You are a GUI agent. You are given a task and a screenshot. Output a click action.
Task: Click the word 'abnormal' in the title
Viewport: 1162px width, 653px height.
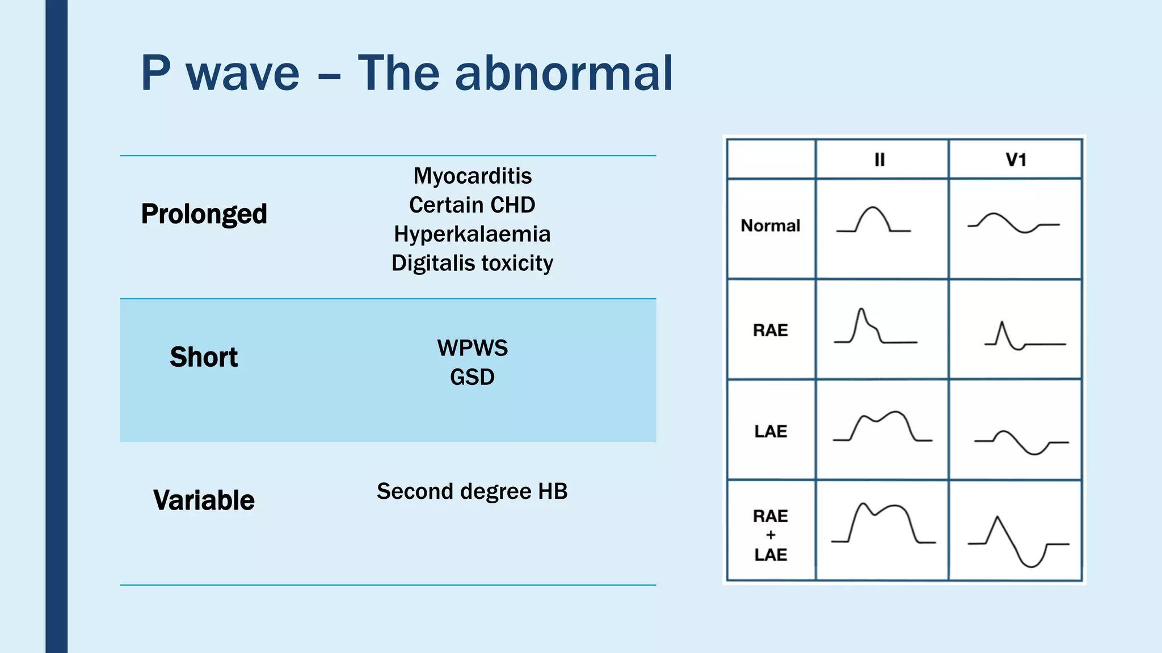coord(563,73)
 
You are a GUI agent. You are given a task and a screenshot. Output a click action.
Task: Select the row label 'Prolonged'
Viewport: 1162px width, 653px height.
coord(204,214)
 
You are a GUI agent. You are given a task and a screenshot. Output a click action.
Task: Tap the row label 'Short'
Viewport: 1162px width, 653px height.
coord(204,357)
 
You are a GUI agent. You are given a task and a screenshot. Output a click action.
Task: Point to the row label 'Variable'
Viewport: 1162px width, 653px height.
coord(204,501)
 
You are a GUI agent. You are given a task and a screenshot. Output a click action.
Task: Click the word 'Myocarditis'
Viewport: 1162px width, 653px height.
coord(472,176)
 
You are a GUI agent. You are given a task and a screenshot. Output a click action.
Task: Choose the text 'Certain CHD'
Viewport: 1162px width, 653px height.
coord(472,205)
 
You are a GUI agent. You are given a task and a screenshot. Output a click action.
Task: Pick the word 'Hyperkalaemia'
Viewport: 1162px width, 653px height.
coord(472,234)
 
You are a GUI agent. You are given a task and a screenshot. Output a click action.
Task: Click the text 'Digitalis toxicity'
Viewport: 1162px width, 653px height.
coord(472,263)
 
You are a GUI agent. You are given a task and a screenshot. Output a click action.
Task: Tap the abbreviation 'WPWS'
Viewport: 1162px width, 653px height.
coord(472,348)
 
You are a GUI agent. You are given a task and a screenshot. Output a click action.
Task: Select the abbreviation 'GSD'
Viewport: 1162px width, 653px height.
coord(472,377)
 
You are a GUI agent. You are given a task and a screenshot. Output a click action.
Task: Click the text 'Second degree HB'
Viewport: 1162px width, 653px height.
coord(472,491)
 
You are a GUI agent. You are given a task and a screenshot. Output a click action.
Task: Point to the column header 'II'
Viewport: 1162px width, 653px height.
coord(879,160)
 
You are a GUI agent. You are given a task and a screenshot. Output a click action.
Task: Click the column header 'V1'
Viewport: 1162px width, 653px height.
coord(1016,160)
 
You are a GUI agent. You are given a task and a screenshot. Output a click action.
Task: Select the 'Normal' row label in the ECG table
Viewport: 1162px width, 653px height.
coord(770,226)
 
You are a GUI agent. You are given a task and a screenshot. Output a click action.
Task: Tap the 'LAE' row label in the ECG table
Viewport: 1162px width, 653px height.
coord(770,431)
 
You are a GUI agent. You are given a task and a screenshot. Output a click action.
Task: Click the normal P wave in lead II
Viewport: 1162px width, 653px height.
coord(874,221)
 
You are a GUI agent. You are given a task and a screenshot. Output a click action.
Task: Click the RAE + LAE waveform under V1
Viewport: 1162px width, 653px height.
coord(1018,541)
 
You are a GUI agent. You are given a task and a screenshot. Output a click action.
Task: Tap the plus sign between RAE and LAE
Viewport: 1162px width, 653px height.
coord(770,535)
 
